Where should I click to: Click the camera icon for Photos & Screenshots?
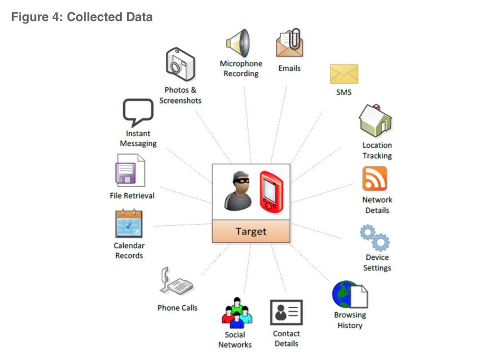coord(180,64)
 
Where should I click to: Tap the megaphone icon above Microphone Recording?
coord(238,43)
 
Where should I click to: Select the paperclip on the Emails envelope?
coord(295,38)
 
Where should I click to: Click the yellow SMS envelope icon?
coord(344,74)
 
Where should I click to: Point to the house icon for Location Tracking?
coord(375,120)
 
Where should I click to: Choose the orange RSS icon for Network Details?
coord(375,178)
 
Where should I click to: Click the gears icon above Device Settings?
coord(375,237)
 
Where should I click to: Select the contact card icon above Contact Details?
coord(286,312)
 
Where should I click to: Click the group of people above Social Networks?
coord(237,313)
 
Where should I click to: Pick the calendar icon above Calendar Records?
coord(129,224)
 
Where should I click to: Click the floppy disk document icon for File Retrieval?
coord(130,170)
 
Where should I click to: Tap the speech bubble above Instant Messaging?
coord(138,112)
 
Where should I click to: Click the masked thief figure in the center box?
coord(238,191)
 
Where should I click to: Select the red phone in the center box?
coord(271,192)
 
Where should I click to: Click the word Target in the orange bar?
coord(251,232)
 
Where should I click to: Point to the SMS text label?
coord(344,93)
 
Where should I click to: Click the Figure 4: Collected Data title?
coord(82,17)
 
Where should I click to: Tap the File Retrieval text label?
coord(132,196)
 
